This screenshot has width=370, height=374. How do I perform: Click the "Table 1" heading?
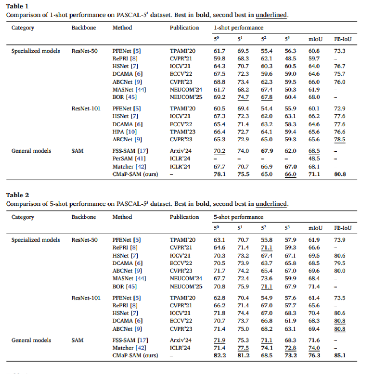pyautogui.click(x=17, y=6)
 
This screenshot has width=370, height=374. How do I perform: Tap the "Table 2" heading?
pyautogui.click(x=17, y=195)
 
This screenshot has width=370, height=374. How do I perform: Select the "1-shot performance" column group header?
pyautogui.click(x=239, y=27)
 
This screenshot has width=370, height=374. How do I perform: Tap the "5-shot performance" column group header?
pyautogui.click(x=239, y=217)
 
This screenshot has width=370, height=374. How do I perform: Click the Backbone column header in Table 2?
pyautogui.click(x=84, y=217)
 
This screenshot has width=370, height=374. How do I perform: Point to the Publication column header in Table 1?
pyautogui.click(x=184, y=27)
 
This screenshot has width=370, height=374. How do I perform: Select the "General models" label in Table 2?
pyautogui.click(x=31, y=340)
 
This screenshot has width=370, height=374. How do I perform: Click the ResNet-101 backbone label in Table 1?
pyautogui.click(x=86, y=109)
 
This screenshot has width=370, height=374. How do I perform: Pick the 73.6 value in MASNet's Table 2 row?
pyautogui.click(x=267, y=279)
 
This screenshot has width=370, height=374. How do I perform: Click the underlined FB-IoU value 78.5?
pyautogui.click(x=339, y=140)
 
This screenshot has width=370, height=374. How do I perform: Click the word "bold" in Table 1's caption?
pyautogui.click(x=203, y=15)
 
